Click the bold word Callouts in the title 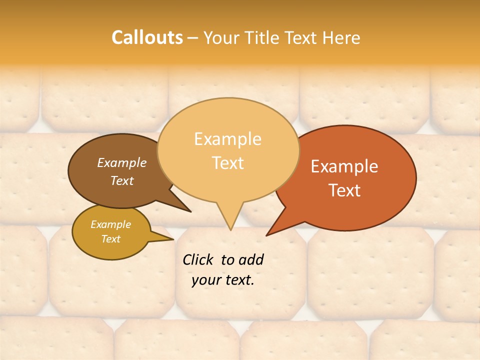[x=147, y=37]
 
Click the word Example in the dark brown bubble [x=122, y=162]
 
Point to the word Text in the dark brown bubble [x=122, y=180]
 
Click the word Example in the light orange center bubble [x=227, y=139]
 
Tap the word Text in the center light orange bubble [x=227, y=163]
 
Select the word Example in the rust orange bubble [x=344, y=166]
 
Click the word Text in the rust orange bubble [x=344, y=190]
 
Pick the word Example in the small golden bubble [x=110, y=224]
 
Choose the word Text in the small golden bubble [x=110, y=239]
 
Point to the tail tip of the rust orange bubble [x=267, y=235]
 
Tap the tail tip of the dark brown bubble [x=190, y=211]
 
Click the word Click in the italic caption [x=199, y=259]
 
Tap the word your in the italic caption [x=206, y=280]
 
